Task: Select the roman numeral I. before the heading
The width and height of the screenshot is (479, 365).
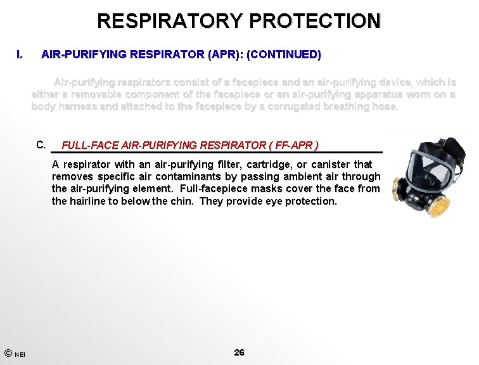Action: point(20,54)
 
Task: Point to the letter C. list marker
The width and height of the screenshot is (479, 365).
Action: point(42,144)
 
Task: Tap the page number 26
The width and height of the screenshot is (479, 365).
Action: point(239,352)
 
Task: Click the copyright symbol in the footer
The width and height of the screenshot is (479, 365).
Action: point(6,352)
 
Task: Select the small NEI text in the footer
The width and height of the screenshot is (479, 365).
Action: point(20,354)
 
